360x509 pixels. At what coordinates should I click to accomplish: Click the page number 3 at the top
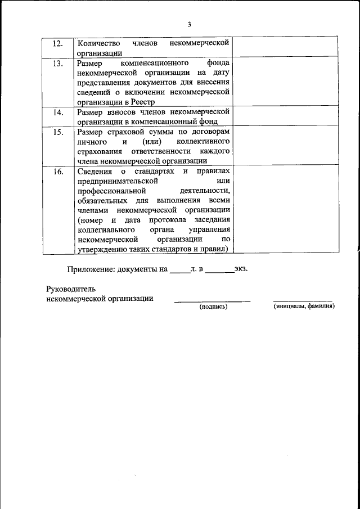coord(189,24)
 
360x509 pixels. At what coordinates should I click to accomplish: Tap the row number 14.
coord(58,112)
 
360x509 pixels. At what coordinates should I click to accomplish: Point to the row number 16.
coord(58,172)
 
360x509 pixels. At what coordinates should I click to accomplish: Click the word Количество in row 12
coord(96,43)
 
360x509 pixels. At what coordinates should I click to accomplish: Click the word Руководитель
coord(68,289)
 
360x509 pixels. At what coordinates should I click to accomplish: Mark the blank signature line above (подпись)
coord(212,301)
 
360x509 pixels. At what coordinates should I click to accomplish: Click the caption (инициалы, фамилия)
coord(304,308)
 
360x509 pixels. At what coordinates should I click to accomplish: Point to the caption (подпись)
coord(213,308)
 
